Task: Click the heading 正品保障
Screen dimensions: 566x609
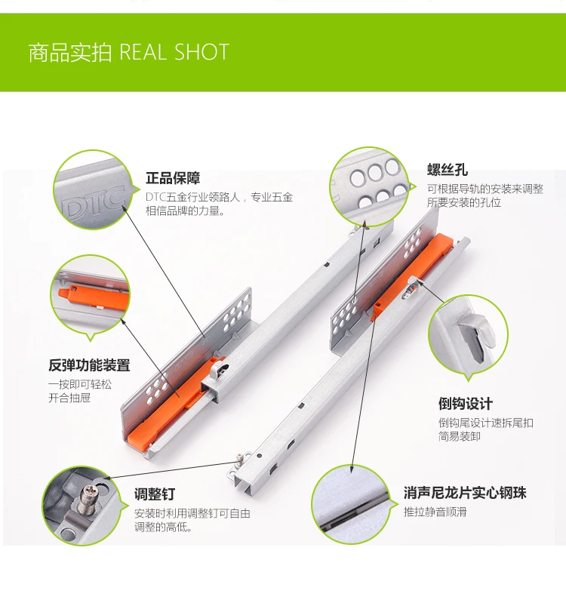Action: (x=173, y=178)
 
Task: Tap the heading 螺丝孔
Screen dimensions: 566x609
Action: (x=447, y=170)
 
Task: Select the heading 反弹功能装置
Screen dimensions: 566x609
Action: (x=89, y=365)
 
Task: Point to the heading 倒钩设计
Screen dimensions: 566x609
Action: (x=466, y=404)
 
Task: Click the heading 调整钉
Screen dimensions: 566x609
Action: (x=155, y=494)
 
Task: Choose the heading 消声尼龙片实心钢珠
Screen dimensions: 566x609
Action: (x=465, y=493)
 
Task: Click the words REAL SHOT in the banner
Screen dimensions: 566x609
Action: (x=174, y=52)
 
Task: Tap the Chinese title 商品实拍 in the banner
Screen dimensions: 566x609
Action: (x=70, y=52)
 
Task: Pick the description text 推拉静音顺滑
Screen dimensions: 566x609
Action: (x=435, y=512)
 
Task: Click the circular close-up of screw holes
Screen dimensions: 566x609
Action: (x=369, y=187)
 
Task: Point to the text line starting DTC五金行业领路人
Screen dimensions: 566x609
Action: (x=219, y=197)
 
